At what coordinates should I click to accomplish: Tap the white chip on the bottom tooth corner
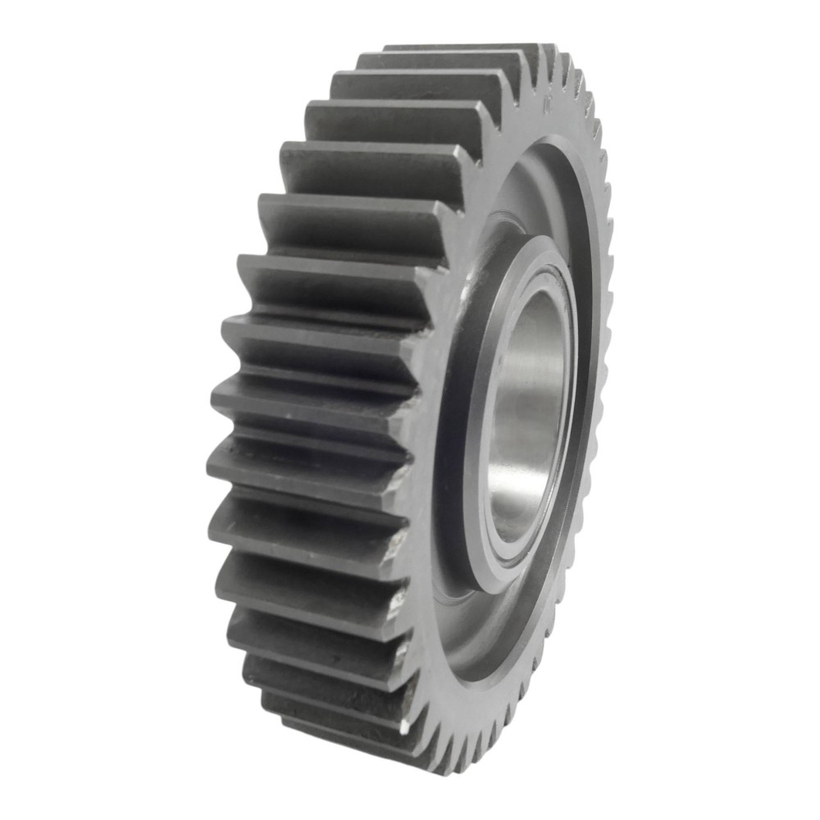click(404, 726)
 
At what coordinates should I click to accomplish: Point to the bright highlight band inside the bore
click(537, 426)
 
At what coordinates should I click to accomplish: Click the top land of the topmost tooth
click(459, 47)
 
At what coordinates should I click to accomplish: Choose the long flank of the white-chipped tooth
click(328, 705)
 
